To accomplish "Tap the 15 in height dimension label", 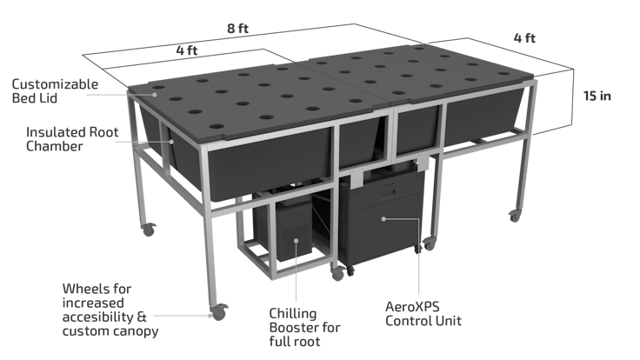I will pos(597,96).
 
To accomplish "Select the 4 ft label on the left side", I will pos(186,50).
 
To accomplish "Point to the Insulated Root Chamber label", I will pos(68,140).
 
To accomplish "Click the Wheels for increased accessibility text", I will pos(110,308).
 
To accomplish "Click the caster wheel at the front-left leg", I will pos(215,310).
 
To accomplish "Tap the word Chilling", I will pos(293,312).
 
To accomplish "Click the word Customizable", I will pos(55,83).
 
